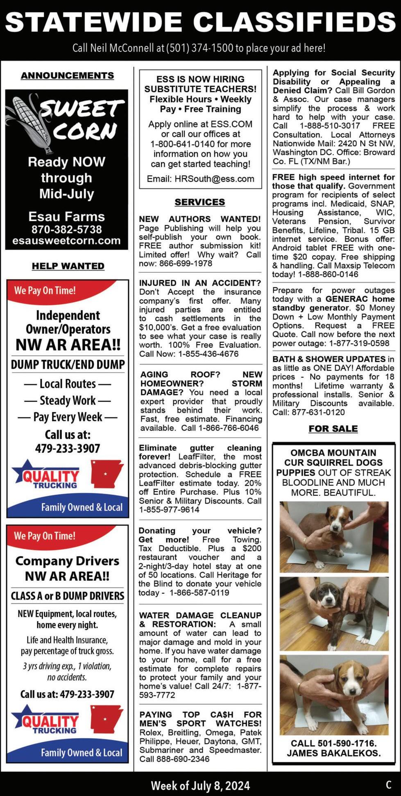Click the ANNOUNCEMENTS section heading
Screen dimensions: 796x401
[67, 75]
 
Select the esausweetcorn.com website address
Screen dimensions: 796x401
[66, 241]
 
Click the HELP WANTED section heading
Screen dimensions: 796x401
[68, 266]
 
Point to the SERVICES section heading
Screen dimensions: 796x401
[200, 202]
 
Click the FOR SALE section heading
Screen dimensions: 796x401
[333, 429]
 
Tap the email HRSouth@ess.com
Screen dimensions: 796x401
[214, 179]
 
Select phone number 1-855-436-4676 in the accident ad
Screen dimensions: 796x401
[208, 354]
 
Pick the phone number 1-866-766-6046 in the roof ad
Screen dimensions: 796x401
[229, 428]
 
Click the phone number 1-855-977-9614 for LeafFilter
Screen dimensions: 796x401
[169, 510]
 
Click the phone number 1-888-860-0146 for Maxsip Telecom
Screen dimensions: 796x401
[328, 274]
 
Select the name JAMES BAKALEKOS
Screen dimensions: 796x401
[333, 753]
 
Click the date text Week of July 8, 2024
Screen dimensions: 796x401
[200, 785]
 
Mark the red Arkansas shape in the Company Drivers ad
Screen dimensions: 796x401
[106, 718]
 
